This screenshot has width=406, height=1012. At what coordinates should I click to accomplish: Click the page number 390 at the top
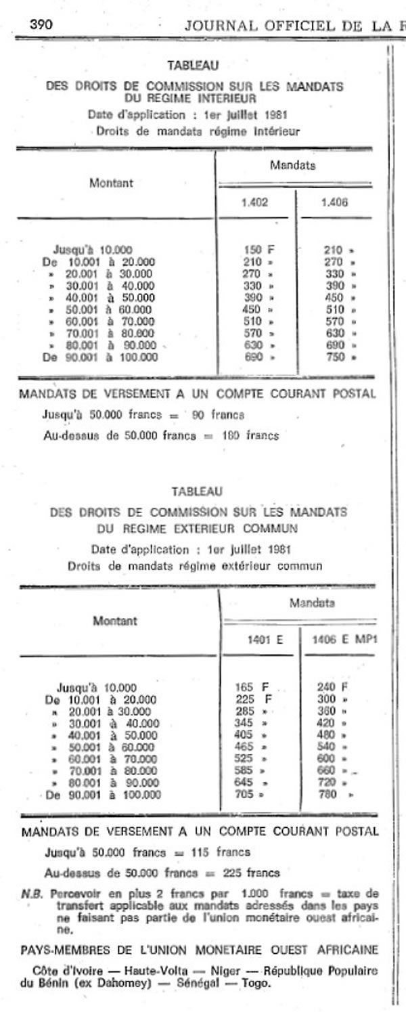click(x=41, y=25)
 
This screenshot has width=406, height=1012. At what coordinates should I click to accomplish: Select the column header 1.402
click(x=254, y=202)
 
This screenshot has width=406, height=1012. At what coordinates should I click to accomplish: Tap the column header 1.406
click(x=334, y=202)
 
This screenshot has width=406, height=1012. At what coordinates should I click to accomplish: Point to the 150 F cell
click(x=258, y=250)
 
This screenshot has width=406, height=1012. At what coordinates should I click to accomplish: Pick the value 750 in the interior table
click(x=334, y=357)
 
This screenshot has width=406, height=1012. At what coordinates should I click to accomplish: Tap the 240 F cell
click(x=332, y=687)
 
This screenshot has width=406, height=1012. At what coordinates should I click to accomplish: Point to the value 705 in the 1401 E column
click(x=244, y=795)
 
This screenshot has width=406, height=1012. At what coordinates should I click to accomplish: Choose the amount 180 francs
click(x=250, y=436)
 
